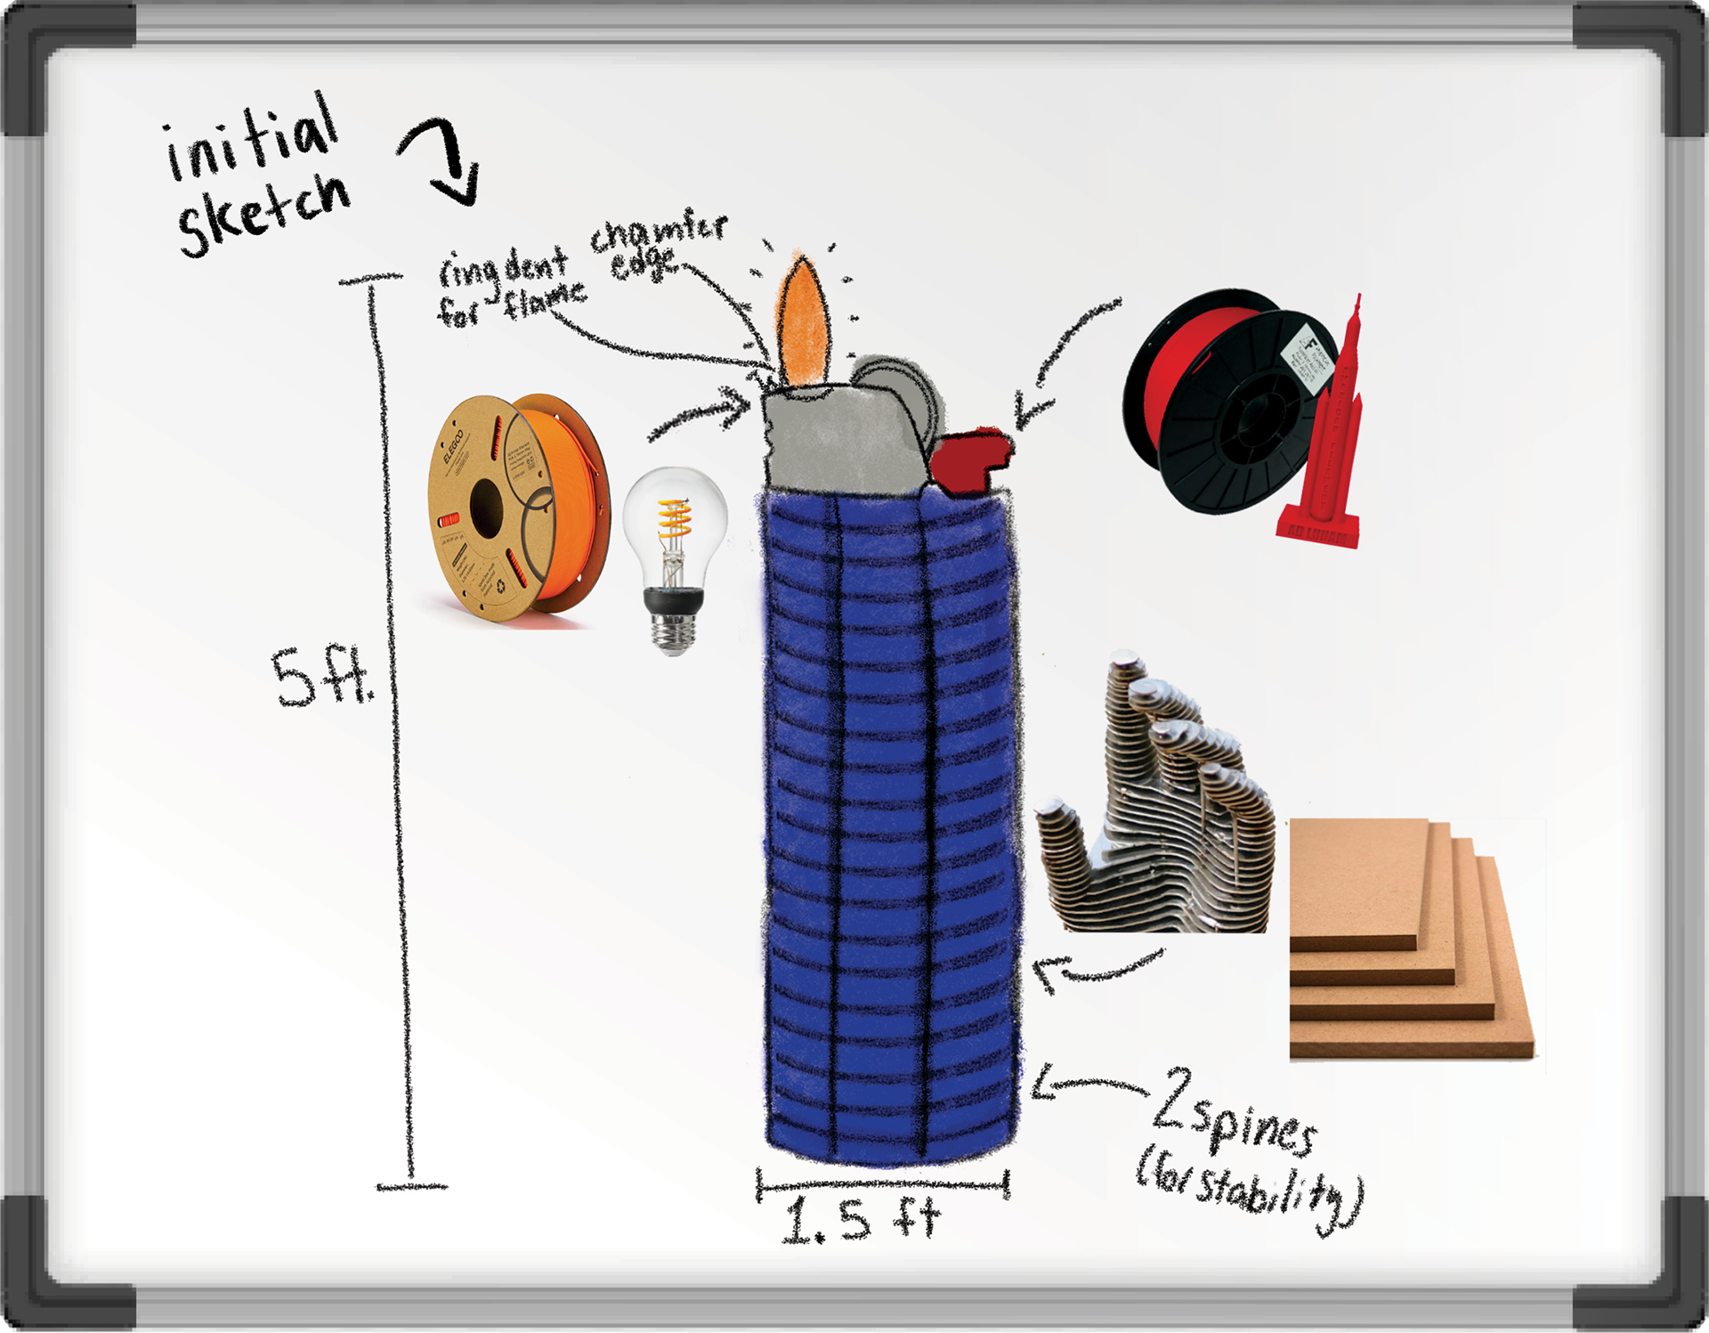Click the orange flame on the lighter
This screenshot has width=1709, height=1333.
(804, 325)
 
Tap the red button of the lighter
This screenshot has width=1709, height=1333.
(970, 459)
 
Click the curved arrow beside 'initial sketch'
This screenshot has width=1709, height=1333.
(445, 160)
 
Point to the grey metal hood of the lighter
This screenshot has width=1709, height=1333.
(837, 436)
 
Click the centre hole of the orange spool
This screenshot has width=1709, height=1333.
(486, 508)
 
